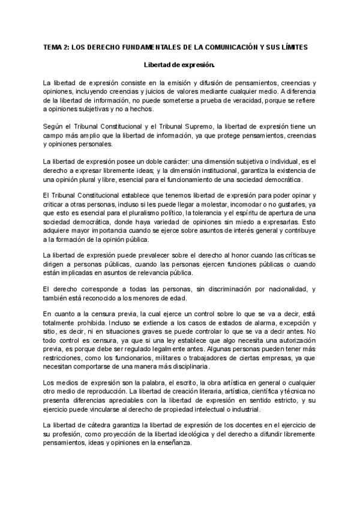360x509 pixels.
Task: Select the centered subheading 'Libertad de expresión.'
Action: click(179, 64)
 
